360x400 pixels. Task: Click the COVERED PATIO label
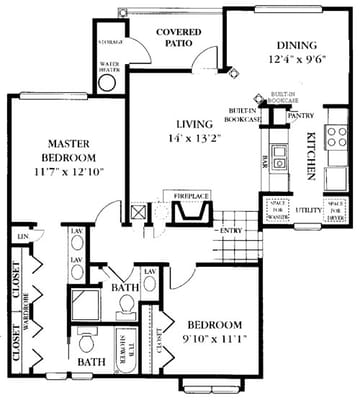(x=183, y=38)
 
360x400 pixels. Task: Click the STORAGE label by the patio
(x=110, y=43)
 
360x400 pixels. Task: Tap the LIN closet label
(x=22, y=236)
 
